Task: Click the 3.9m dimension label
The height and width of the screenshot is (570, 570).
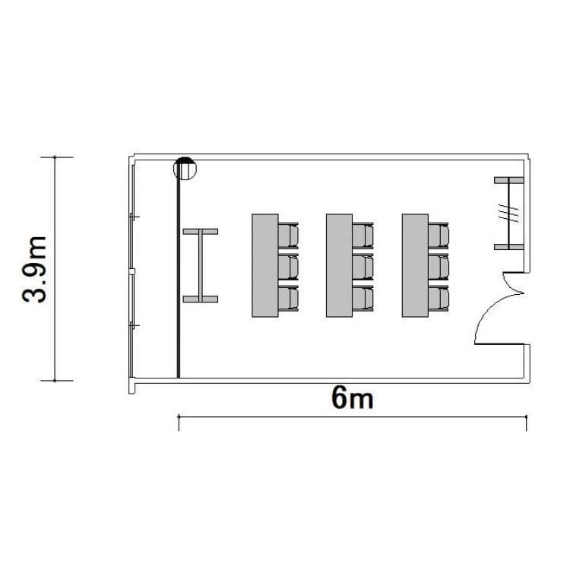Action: (x=34, y=269)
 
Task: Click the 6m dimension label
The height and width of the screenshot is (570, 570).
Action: (x=352, y=397)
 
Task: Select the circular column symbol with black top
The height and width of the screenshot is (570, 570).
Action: (x=185, y=168)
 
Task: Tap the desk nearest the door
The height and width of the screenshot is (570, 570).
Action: (x=415, y=265)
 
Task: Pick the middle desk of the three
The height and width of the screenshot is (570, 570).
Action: (x=339, y=265)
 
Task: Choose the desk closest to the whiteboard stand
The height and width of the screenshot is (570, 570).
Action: (x=265, y=265)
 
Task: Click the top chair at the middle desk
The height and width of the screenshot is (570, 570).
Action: (x=363, y=235)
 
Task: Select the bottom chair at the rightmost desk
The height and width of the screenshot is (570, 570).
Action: (x=439, y=298)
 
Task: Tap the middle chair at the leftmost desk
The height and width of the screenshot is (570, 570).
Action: (x=288, y=267)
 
